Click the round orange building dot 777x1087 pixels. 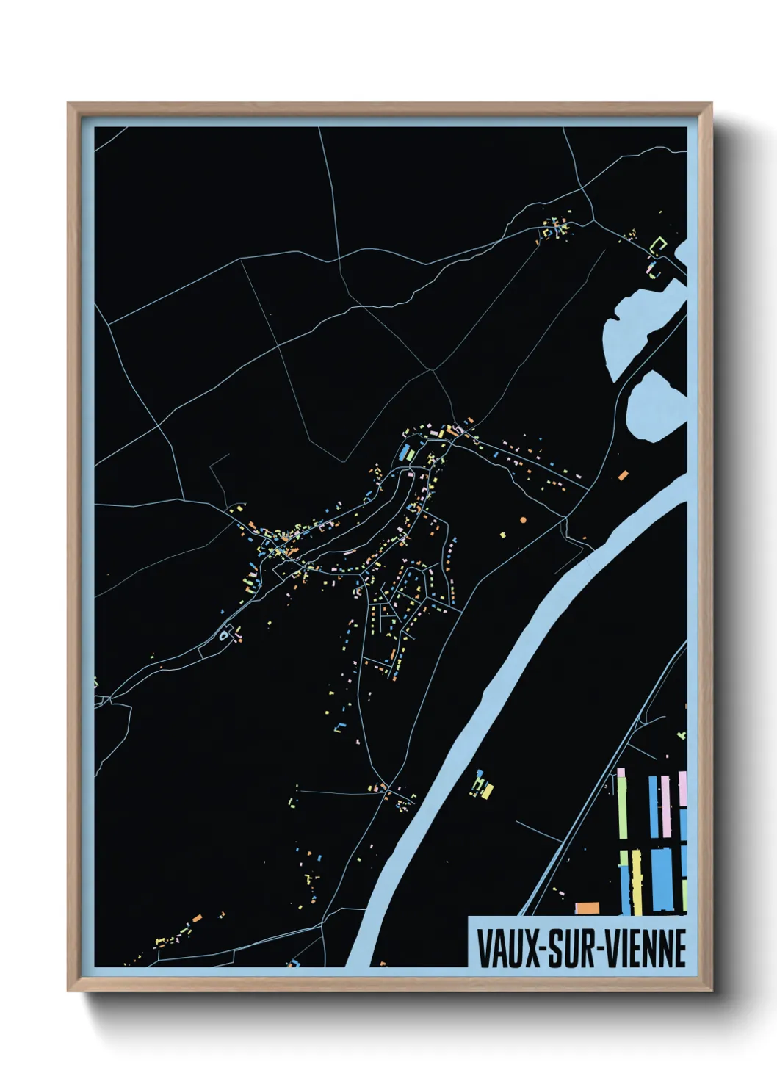point(523,519)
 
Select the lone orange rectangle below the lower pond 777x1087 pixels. point(624,475)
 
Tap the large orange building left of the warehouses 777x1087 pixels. point(587,909)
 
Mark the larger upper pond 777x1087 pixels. point(637,323)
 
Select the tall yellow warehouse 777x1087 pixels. point(636,881)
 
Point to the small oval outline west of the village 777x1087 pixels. point(223,635)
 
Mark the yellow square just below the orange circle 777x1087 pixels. point(504,535)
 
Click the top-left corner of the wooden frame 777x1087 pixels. point(68,104)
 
